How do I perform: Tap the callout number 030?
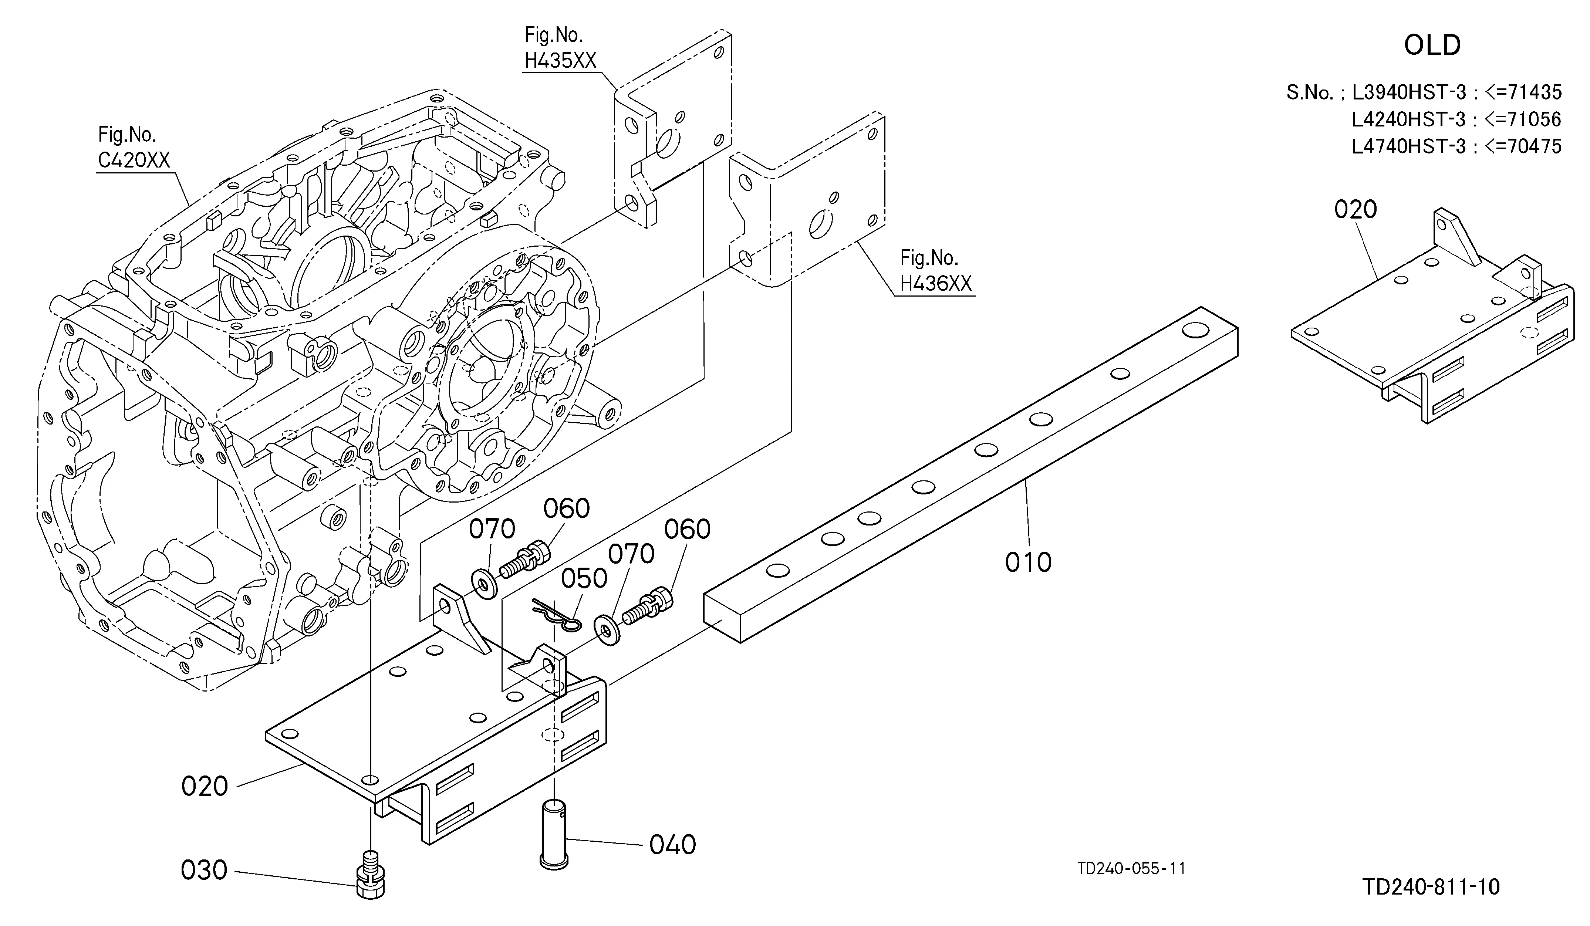[x=204, y=871]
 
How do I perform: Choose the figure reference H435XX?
[x=560, y=61]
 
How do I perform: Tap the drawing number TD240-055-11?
[x=1131, y=869]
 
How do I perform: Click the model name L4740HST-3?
[x=1408, y=146]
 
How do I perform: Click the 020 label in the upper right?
[x=1355, y=209]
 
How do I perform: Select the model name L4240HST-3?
[x=1408, y=119]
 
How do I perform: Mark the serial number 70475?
[x=1535, y=146]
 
